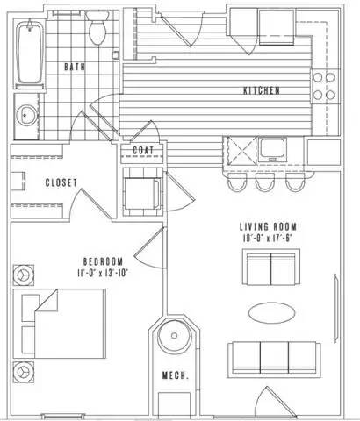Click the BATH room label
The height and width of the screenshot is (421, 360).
point(74,67)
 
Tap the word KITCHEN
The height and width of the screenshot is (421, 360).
point(261,90)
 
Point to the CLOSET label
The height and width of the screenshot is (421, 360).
point(61,182)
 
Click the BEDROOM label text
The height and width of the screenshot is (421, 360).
point(102,260)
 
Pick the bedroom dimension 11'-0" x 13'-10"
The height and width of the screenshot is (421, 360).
point(102,273)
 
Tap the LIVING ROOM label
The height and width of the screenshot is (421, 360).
point(269,225)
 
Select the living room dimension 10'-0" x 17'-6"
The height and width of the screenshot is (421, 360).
point(269,237)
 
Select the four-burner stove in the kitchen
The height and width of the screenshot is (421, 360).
point(326,84)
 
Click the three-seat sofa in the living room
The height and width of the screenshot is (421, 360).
point(274,357)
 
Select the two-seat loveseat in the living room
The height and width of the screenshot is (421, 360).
point(270,267)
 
